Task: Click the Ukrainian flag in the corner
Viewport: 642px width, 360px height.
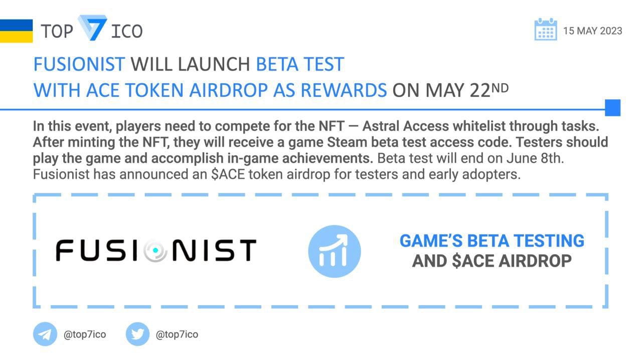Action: click(x=16, y=31)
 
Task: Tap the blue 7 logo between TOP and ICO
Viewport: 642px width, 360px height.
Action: click(x=92, y=28)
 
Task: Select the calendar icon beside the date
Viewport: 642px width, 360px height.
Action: click(x=546, y=30)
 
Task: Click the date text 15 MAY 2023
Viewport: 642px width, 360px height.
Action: click(x=592, y=31)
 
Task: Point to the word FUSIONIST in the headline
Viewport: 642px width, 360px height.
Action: click(x=79, y=64)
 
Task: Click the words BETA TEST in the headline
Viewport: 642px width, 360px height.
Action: click(x=300, y=64)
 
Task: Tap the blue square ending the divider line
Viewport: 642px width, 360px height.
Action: click(x=613, y=108)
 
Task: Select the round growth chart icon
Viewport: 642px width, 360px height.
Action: click(x=335, y=251)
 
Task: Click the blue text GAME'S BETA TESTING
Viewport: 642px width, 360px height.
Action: click(x=492, y=241)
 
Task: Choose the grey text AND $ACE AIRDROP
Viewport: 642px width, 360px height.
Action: click(x=492, y=261)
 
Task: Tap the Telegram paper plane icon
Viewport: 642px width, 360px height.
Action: click(x=45, y=334)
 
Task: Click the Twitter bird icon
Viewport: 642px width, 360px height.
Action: click(x=137, y=334)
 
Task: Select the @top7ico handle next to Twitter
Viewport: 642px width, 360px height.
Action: click(x=177, y=334)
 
